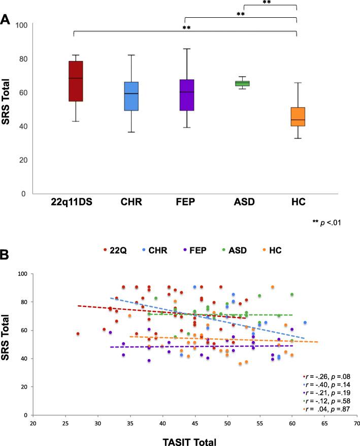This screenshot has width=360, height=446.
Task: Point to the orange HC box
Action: coord(296,123)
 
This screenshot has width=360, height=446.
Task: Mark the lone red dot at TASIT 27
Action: coord(78,334)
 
